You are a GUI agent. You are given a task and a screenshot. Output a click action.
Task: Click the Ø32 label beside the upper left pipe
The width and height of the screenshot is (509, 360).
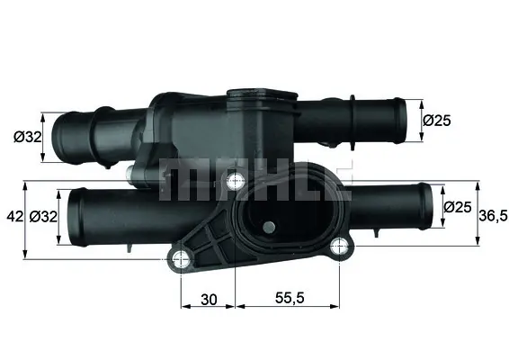(28, 138)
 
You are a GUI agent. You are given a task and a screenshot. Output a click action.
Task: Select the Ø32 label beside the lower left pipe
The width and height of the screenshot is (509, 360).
(43, 216)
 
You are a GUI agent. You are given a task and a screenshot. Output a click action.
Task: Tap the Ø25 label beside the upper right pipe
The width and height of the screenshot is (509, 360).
(437, 121)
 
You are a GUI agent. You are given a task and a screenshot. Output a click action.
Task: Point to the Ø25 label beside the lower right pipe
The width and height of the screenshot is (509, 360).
(458, 207)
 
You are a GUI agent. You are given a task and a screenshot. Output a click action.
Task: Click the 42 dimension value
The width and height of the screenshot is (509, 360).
(15, 216)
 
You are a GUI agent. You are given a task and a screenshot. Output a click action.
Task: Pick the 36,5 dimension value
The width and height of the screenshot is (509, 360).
(493, 215)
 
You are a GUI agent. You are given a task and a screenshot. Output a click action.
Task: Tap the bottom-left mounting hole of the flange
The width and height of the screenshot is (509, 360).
(180, 259)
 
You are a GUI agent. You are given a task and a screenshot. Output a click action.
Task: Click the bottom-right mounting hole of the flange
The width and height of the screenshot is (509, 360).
(339, 247)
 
